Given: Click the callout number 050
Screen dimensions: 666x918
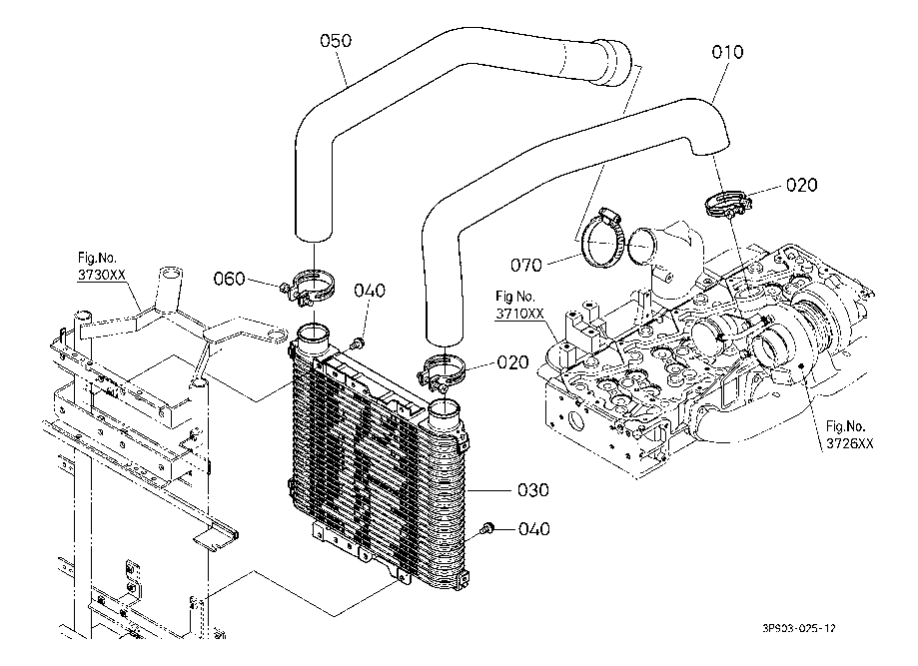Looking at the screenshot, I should pyautogui.click(x=336, y=41).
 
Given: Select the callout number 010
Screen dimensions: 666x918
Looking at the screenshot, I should pyautogui.click(x=727, y=51).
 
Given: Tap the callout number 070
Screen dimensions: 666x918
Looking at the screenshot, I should pyautogui.click(x=525, y=266).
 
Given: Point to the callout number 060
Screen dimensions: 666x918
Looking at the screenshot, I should pyautogui.click(x=230, y=280).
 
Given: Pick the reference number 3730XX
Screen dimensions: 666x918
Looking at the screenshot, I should pyautogui.click(x=103, y=273).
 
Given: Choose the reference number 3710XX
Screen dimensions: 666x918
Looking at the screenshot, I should pyautogui.click(x=520, y=314).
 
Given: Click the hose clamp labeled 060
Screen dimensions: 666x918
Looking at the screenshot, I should pyautogui.click(x=311, y=290).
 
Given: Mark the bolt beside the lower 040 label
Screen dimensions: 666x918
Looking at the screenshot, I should pyautogui.click(x=487, y=527).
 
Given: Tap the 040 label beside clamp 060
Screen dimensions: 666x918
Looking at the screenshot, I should pyautogui.click(x=370, y=291).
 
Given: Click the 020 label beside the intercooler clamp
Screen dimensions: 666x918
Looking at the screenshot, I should pyautogui.click(x=512, y=362).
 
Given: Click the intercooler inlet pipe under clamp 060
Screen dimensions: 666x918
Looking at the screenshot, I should pyautogui.click(x=313, y=338).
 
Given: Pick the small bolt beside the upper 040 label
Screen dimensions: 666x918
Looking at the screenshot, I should pyautogui.click(x=359, y=341).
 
